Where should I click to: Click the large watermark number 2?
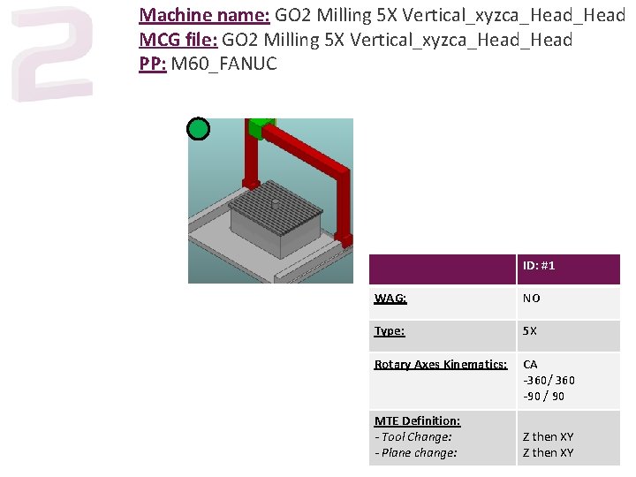point(52,53)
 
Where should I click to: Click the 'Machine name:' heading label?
point(204,15)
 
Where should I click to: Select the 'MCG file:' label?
point(178,40)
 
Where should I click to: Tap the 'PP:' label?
point(153,64)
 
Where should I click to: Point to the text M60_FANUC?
point(224,64)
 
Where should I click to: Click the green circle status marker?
point(199,129)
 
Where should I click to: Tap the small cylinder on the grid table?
point(275,203)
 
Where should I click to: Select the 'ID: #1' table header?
point(539,266)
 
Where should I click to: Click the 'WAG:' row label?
point(390,299)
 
